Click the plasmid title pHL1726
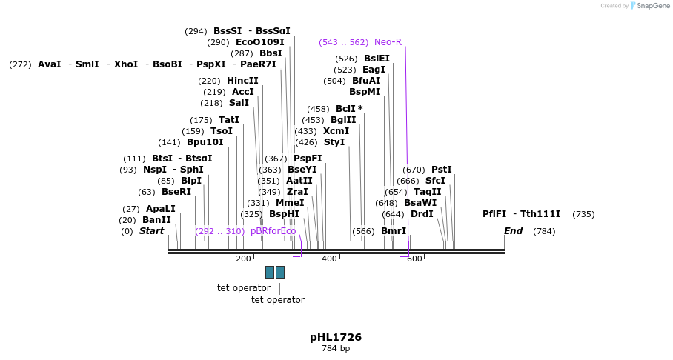[336, 337]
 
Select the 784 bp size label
[336, 348]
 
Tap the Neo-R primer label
[388, 42]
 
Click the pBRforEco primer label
[273, 231]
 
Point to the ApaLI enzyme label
[160, 209]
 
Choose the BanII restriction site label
[156, 220]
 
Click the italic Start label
[151, 231]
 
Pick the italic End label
[513, 231]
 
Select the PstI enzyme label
[441, 170]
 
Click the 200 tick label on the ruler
[243, 259]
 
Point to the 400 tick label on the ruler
[329, 259]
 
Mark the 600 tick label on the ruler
[414, 259]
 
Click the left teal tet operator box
[270, 272]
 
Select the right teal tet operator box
[280, 272]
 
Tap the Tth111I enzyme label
[540, 214]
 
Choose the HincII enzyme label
[242, 81]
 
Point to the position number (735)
[583, 214]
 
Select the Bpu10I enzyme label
[205, 142]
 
